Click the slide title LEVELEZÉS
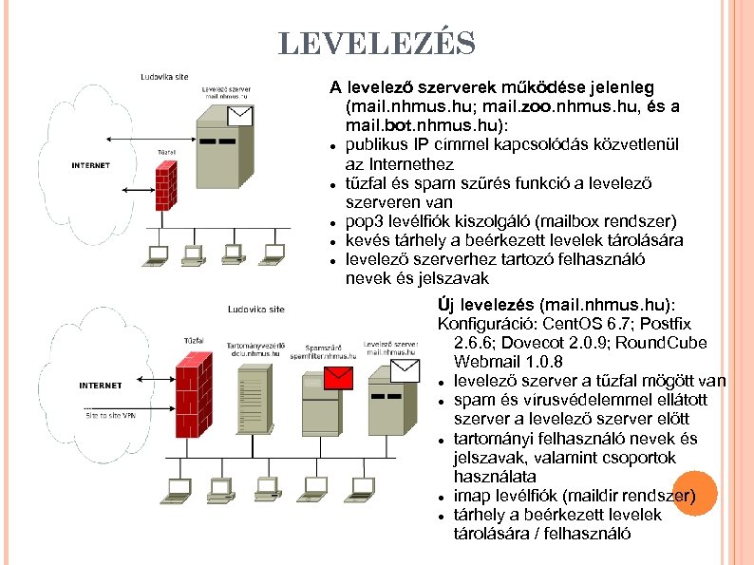point(377,43)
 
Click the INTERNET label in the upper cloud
point(90,165)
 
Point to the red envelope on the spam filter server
point(337,379)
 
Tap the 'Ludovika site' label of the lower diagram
point(255,309)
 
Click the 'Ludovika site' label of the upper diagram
point(163,76)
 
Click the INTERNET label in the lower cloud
point(100,385)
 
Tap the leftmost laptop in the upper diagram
point(159,254)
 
